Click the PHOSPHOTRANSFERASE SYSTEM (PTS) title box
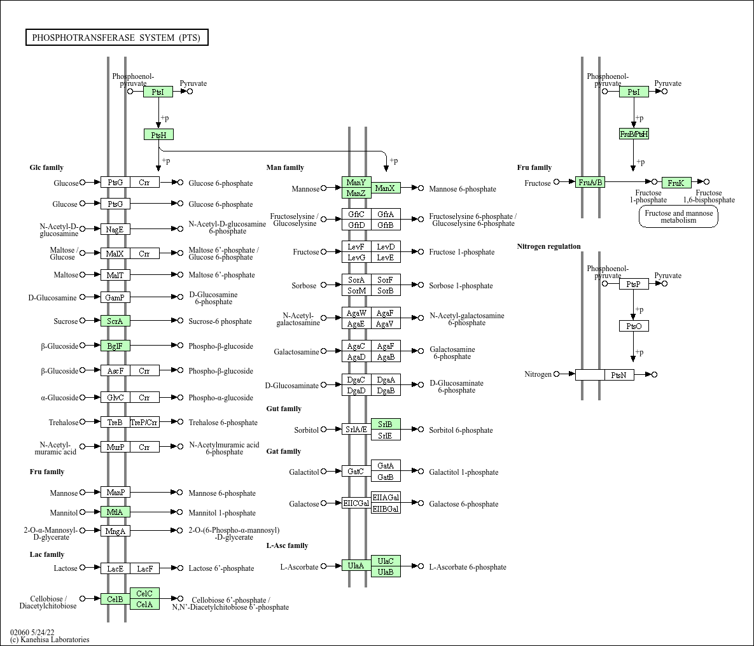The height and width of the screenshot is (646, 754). coord(117,38)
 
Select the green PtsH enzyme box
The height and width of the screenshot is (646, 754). coord(158,135)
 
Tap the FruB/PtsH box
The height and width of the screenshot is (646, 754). coord(634,134)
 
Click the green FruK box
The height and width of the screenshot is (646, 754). coord(676,183)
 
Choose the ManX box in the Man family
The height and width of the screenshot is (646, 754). coord(386,188)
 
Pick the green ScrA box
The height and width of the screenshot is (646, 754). coord(115,321)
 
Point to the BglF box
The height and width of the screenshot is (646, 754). coord(115,346)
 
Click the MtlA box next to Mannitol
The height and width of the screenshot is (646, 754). coord(115,512)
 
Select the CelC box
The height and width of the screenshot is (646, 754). coord(144,594)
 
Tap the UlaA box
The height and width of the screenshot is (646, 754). coord(356,566)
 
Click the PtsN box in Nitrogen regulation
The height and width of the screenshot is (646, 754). coord(619,375)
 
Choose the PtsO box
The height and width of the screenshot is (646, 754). coord(634,326)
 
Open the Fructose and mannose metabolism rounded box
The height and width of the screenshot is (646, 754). coord(678,216)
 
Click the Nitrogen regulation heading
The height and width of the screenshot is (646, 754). coord(548,246)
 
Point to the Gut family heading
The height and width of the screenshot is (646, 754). coord(284,409)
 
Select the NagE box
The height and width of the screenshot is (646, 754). coord(115,230)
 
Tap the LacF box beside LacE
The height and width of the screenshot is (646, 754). coord(144,568)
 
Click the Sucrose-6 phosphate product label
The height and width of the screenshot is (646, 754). coord(220,321)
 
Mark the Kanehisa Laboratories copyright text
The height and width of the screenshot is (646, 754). coord(50,640)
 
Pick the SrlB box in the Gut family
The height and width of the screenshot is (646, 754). coord(386,425)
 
